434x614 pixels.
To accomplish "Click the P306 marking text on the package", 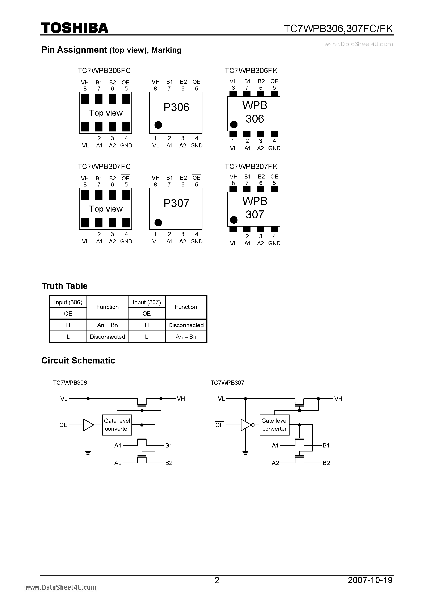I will (x=176, y=107).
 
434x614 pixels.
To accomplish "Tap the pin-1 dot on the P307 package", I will (x=158, y=223).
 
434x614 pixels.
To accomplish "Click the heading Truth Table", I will (x=64, y=286).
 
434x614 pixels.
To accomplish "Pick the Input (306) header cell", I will (x=68, y=302).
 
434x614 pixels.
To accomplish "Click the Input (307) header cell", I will (x=147, y=302).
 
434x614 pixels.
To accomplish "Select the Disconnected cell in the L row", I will (x=107, y=337).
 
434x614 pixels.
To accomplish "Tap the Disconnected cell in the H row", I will (x=186, y=325).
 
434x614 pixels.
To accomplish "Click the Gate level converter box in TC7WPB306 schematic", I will (x=117, y=425).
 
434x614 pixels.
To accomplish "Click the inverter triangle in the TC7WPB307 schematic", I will (x=246, y=425).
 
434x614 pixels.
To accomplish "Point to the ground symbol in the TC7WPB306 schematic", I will (x=88, y=452).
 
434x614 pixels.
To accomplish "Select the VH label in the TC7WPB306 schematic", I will (x=181, y=399).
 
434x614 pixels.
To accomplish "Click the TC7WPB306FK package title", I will (x=251, y=71).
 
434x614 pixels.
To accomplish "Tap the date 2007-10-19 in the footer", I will (x=370, y=580).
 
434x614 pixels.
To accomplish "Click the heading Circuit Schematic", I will (x=78, y=361).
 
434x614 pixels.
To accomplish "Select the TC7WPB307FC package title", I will (x=104, y=167).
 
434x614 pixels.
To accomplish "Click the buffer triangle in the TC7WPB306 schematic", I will (x=88, y=425).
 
